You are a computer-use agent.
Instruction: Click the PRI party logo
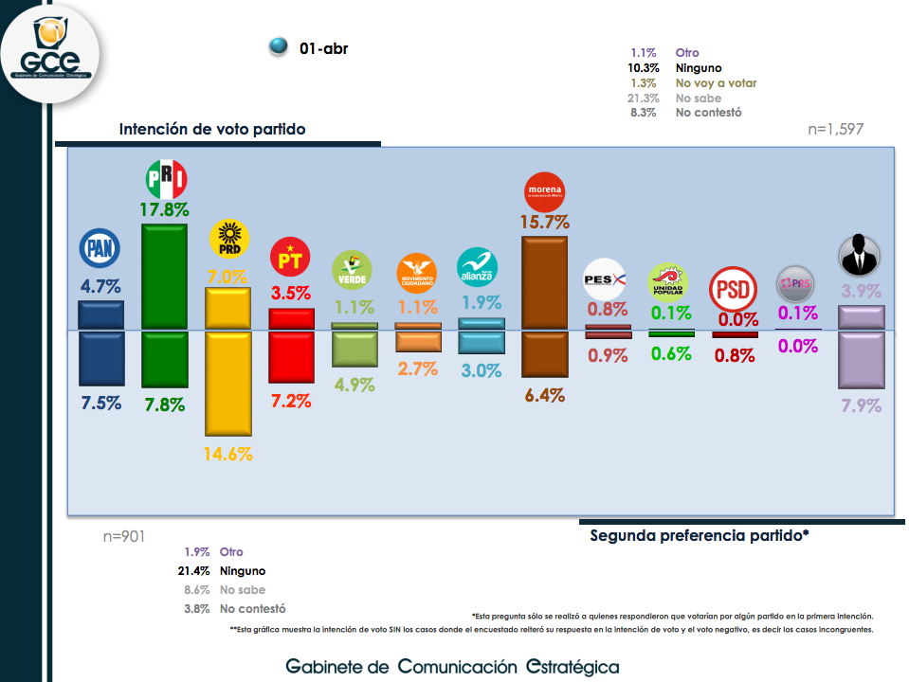[x=165, y=179]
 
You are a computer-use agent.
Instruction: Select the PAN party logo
[x=100, y=249]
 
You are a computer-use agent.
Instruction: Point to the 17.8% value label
[x=165, y=209]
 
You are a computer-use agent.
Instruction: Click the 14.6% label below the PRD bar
[x=228, y=454]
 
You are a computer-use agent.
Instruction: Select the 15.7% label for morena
[x=544, y=223]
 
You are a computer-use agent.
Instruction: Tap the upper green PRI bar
[x=165, y=277]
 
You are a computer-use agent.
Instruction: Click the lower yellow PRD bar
[x=228, y=384]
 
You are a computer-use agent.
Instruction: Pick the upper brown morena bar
[x=544, y=282]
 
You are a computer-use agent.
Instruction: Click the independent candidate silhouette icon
[x=860, y=256]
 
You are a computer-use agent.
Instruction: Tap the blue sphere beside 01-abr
[x=279, y=47]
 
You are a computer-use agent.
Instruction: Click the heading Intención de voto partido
[x=212, y=129]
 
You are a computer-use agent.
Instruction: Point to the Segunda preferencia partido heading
[x=700, y=535]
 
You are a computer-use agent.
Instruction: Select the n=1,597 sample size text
[x=835, y=129]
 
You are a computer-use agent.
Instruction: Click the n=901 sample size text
[x=124, y=537]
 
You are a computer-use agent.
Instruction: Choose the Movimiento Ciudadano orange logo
[x=416, y=272]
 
